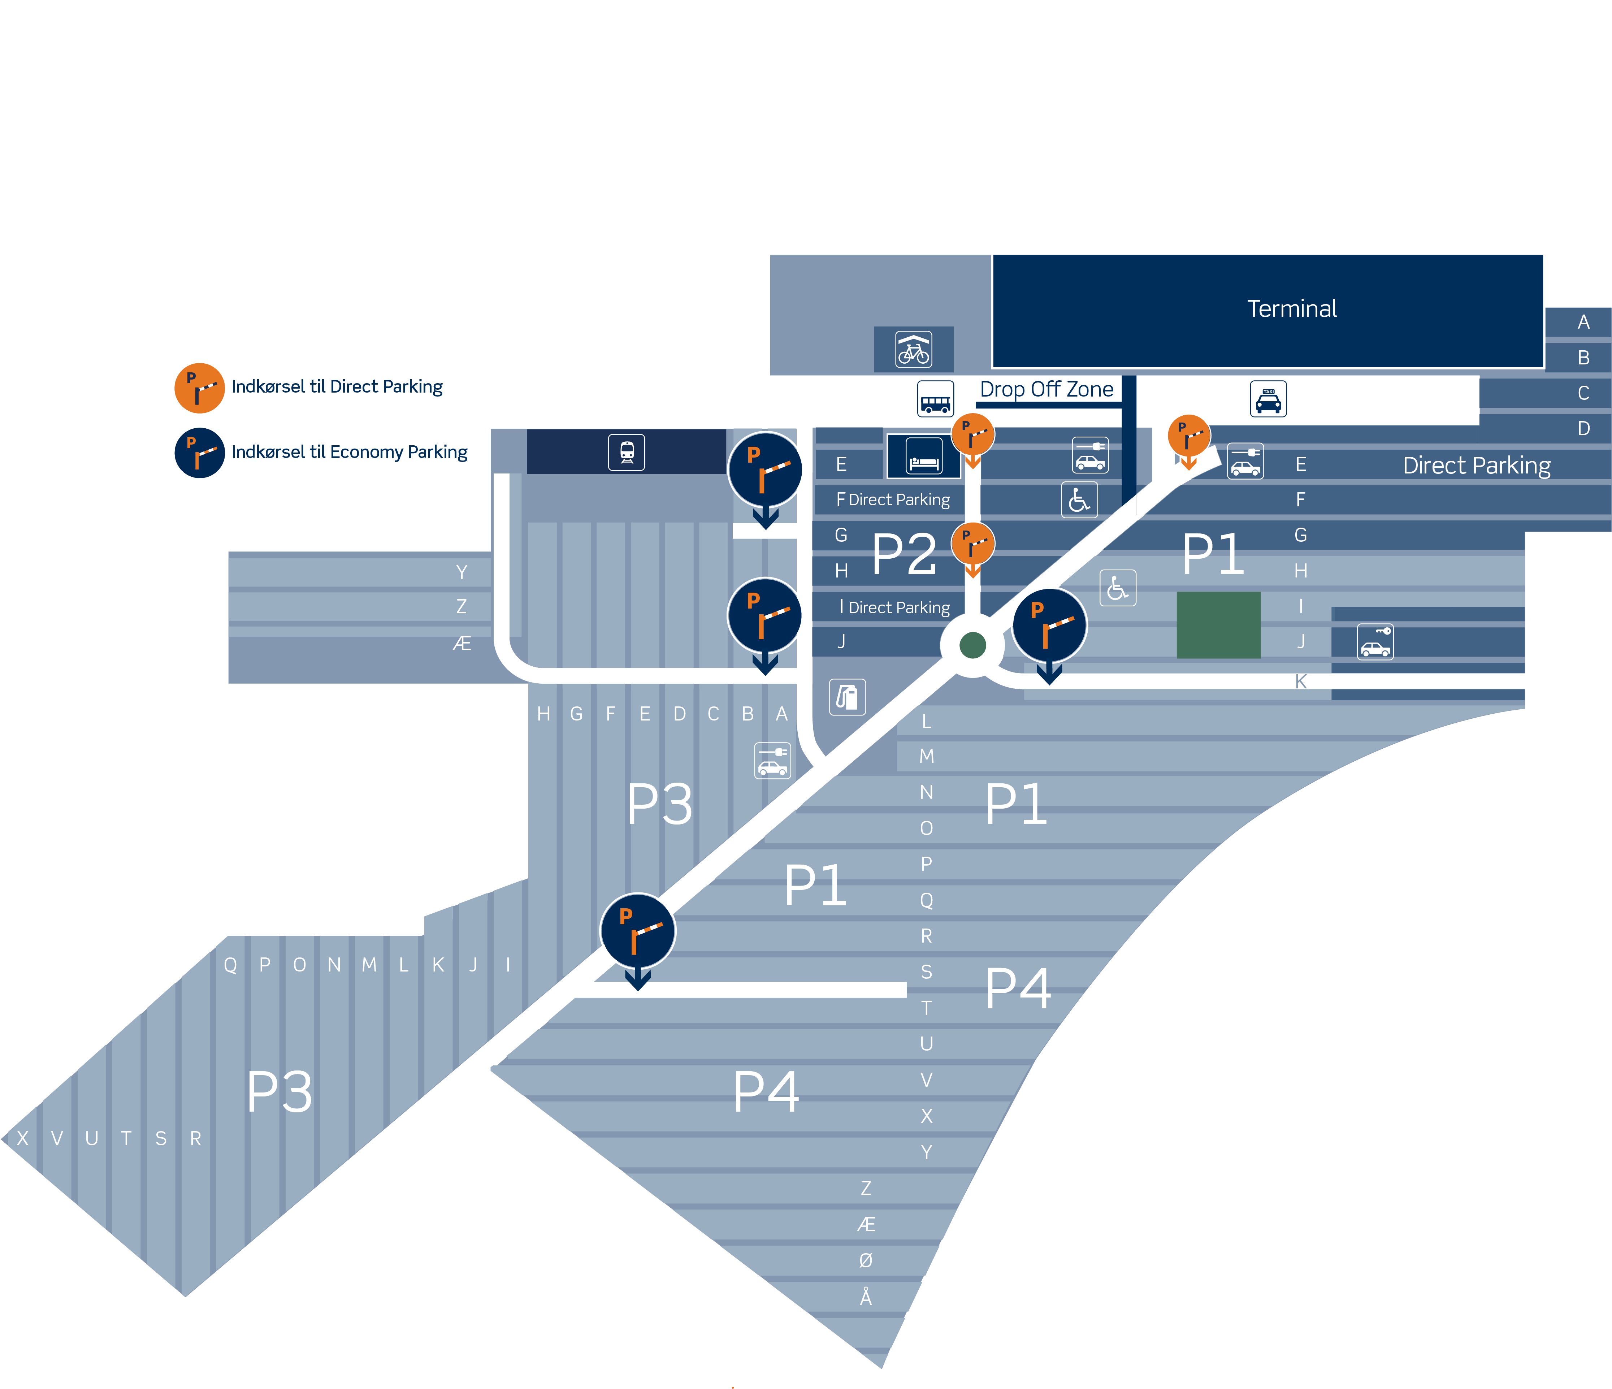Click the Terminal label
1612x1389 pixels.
pos(1291,309)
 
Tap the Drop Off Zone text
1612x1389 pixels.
pos(1046,389)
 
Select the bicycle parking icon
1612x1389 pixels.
pos(913,349)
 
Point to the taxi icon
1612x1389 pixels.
pos(1268,399)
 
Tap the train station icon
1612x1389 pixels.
pos(626,452)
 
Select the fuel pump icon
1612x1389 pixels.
pos(847,696)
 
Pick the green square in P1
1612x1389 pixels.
pos(1218,625)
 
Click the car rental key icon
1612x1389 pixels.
pos(1375,642)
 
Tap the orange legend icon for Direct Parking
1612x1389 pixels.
pos(199,388)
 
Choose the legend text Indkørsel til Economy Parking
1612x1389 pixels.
pos(349,452)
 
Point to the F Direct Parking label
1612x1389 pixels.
pos(893,499)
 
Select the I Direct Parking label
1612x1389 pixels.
pos(895,607)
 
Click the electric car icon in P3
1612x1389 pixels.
pos(772,760)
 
